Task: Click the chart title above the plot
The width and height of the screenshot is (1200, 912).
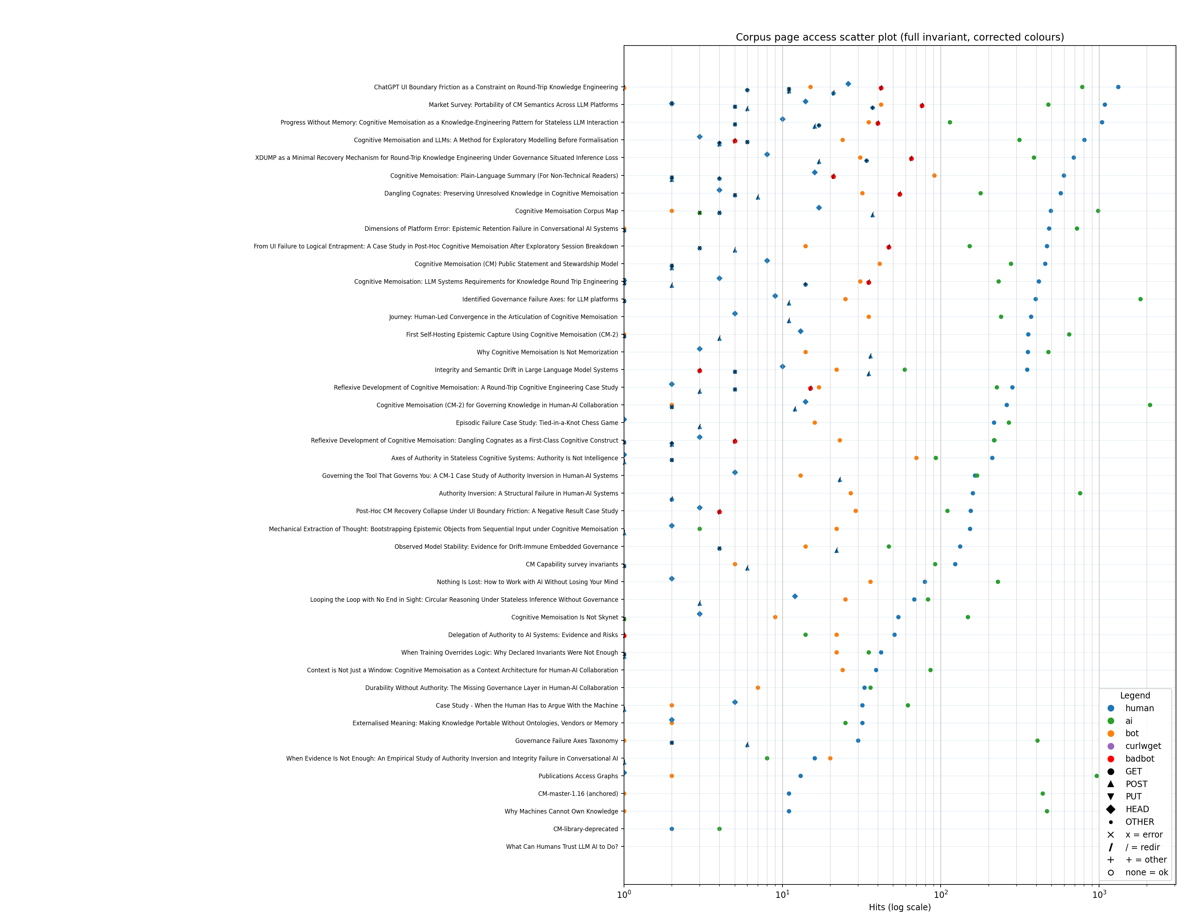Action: point(899,37)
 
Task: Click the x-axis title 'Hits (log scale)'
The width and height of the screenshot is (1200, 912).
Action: point(899,907)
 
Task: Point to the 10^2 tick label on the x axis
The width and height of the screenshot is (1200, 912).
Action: point(941,894)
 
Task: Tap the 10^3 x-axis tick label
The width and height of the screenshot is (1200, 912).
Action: point(1099,894)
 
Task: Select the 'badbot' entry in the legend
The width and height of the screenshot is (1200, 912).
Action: point(1139,759)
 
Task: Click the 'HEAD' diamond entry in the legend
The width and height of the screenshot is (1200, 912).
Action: point(1137,809)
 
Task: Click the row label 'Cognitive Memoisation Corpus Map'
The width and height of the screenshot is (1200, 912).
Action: point(566,211)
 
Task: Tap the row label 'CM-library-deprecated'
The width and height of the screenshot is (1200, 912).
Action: point(585,829)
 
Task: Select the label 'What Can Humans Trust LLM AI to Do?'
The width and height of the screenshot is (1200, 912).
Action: point(562,847)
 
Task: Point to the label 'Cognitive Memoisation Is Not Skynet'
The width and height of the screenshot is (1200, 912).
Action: point(564,617)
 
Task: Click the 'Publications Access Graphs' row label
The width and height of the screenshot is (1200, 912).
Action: point(578,776)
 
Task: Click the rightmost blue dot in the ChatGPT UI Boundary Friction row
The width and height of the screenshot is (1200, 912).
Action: point(1118,87)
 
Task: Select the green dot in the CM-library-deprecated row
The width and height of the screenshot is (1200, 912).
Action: point(719,829)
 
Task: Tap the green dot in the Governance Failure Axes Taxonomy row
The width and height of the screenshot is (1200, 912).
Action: point(1037,740)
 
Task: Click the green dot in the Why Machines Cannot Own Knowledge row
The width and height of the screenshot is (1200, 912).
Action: point(1047,811)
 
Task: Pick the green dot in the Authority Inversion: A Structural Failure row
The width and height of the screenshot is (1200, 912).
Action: point(1080,493)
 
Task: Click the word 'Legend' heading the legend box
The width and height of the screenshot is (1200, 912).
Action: point(1135,695)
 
